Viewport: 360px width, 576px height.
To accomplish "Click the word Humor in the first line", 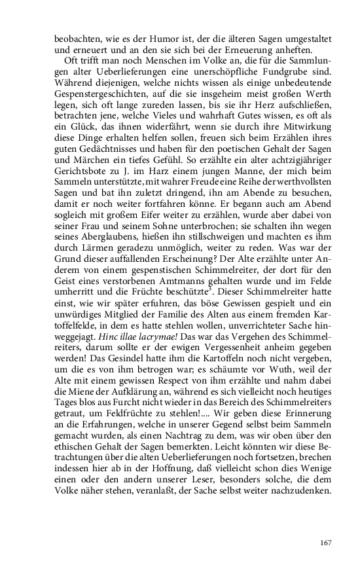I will pyautogui.click(x=171, y=38).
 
